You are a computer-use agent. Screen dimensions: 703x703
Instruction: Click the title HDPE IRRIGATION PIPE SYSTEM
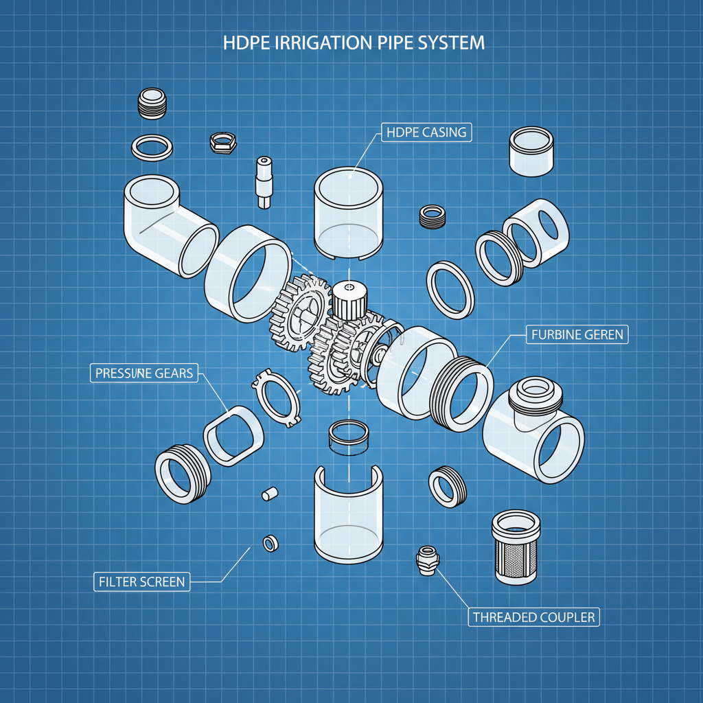[x=354, y=43]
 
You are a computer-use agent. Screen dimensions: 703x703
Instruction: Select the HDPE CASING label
[x=426, y=132]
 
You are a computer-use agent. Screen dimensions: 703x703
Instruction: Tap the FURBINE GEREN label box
[x=577, y=335]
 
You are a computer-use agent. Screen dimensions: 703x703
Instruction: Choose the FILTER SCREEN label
[x=141, y=581]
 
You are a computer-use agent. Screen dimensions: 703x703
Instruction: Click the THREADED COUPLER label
[x=533, y=616]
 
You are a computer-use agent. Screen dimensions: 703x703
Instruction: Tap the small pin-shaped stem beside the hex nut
[x=264, y=181]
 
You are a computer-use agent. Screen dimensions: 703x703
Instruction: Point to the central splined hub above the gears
[x=349, y=297]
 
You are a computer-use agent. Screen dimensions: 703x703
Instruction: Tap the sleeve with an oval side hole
[x=536, y=232]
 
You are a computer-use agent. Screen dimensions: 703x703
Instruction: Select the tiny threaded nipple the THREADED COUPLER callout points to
[x=426, y=560]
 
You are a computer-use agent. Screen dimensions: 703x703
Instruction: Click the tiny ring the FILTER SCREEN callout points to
[x=269, y=543]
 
